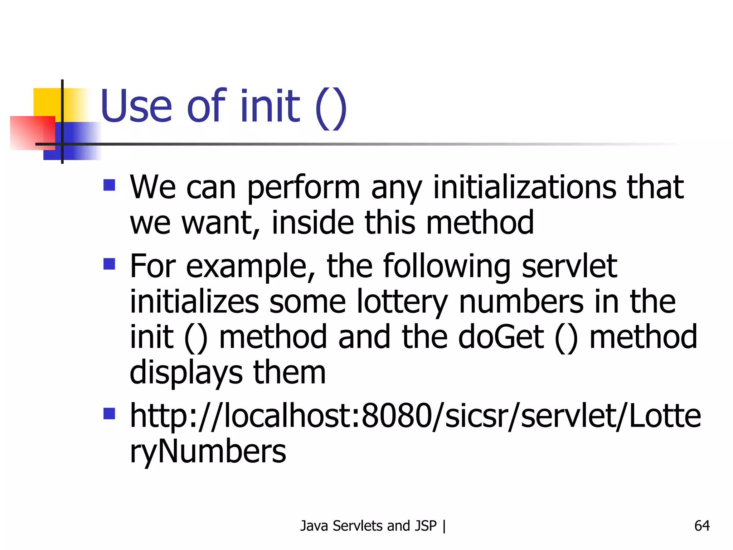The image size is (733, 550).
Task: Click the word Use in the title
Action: (136, 106)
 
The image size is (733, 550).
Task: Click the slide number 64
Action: (702, 526)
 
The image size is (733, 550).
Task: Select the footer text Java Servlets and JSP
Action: (368, 526)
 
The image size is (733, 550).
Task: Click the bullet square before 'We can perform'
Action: (109, 185)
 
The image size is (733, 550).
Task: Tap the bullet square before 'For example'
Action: (109, 264)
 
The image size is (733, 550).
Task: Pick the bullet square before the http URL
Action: (109, 414)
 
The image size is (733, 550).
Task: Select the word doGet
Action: (501, 337)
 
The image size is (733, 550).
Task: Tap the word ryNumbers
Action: (208, 451)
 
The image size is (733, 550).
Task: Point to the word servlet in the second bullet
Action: (569, 266)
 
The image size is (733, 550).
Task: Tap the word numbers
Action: (521, 301)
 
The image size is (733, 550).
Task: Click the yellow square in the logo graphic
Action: (47, 102)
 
